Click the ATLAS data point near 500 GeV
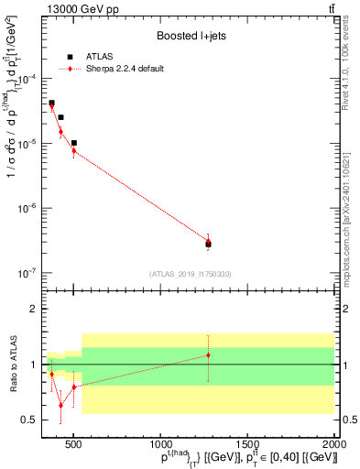pos(74,143)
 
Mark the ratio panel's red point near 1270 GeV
pos(208,355)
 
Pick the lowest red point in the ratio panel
pos(61,405)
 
